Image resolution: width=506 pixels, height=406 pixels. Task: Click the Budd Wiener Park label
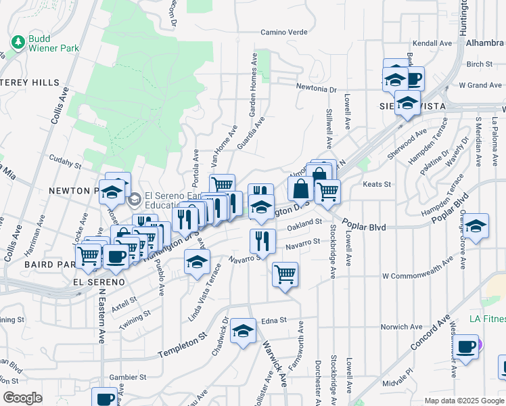53,43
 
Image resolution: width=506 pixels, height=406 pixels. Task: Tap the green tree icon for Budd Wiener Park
18,43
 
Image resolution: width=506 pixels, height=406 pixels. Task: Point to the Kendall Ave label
432,43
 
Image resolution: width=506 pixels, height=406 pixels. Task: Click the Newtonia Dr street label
317,89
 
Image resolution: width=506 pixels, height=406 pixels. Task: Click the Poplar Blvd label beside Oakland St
363,227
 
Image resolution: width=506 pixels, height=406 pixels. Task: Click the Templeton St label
181,345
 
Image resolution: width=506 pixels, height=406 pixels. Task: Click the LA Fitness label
488,319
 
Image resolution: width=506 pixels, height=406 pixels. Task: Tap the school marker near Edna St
243,331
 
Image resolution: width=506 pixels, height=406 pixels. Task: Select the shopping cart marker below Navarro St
285,274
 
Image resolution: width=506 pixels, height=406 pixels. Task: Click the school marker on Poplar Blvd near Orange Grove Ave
476,227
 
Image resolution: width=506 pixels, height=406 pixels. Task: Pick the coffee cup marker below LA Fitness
465,347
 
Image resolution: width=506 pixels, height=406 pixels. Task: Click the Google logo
22,398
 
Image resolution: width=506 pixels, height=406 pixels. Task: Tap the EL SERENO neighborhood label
99,281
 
